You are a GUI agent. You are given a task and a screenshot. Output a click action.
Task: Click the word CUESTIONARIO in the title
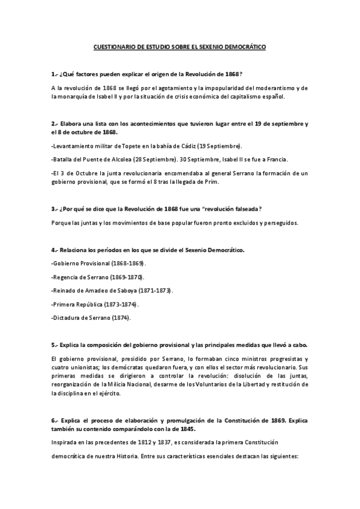pyautogui.click(x=114, y=47)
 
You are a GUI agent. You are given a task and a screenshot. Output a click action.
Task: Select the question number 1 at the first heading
pyautogui.click(x=53, y=74)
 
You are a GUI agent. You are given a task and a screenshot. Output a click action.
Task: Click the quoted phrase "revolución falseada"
pyautogui.click(x=229, y=209)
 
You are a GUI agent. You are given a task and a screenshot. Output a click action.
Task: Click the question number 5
pyautogui.click(x=53, y=345)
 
